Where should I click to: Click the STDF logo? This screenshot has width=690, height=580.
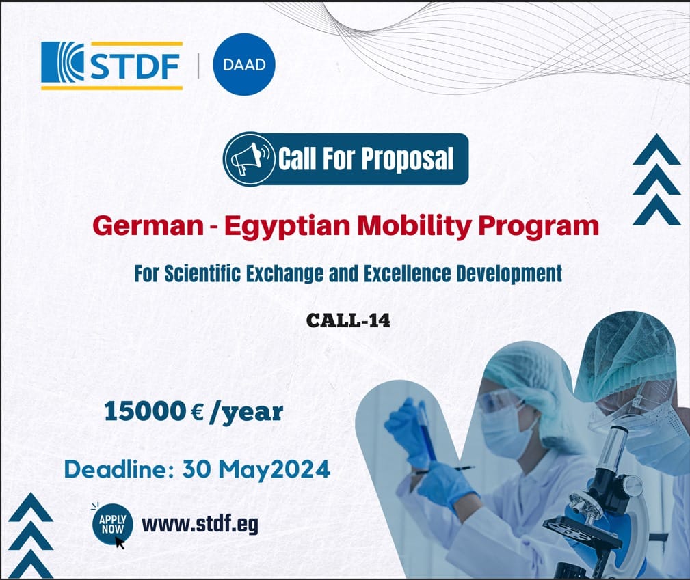point(111,66)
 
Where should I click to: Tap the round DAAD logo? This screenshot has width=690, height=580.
point(244,64)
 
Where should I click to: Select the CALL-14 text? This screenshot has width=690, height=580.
point(348,320)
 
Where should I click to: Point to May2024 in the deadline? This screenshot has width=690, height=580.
point(274,470)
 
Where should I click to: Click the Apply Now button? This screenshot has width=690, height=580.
point(112,524)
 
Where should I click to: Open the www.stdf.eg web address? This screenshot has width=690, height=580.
point(200,524)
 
